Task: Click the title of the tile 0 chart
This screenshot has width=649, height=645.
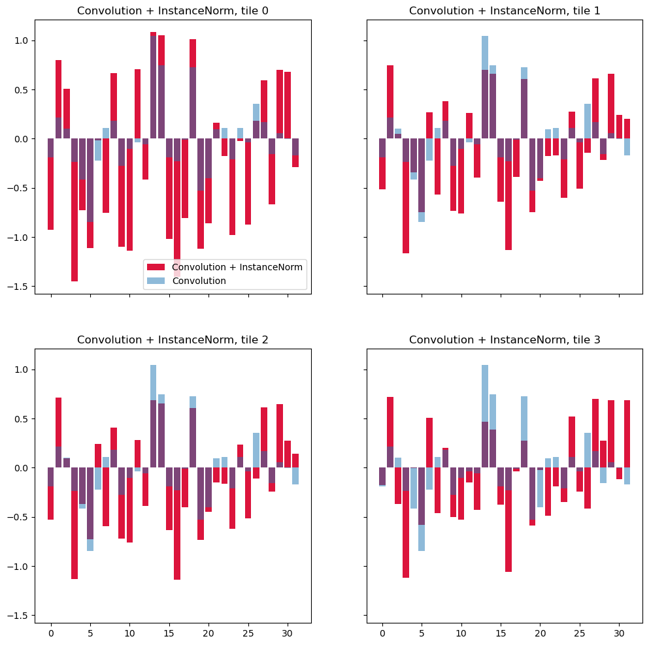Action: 173,10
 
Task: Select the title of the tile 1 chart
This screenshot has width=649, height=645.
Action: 505,10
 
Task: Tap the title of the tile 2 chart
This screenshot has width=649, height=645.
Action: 173,339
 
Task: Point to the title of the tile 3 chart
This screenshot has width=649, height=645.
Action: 505,339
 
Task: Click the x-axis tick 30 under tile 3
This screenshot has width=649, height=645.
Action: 618,633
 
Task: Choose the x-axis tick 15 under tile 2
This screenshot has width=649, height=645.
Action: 169,633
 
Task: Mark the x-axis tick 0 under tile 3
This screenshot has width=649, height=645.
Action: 382,633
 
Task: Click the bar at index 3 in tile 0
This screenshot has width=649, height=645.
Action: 75,215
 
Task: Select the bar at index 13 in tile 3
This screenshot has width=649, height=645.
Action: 485,418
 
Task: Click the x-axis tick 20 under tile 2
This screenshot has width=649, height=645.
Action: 208,633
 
